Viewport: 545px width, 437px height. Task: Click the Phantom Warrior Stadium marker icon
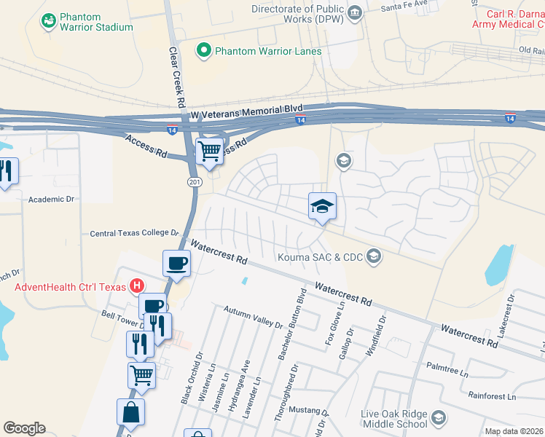(x=49, y=21)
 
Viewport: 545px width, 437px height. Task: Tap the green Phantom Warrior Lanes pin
(x=204, y=50)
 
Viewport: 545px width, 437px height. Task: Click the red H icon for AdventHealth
(x=136, y=286)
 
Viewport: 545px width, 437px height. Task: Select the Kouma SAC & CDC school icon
(x=374, y=255)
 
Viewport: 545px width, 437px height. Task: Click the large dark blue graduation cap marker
(x=322, y=206)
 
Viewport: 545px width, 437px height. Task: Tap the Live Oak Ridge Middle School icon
(x=438, y=417)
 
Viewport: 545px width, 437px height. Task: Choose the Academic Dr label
(x=51, y=198)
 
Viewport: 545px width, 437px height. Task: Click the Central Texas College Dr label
(x=133, y=233)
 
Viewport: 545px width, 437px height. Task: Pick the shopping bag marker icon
(x=130, y=412)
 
